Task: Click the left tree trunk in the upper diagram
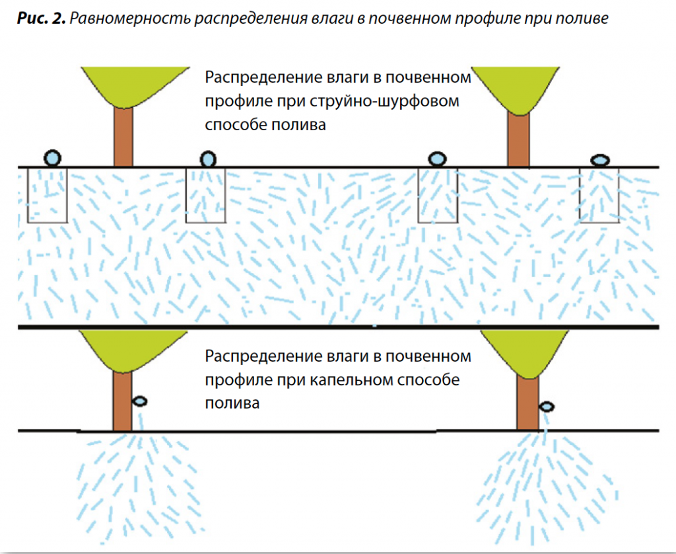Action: [123, 136]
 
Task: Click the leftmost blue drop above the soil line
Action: [53, 157]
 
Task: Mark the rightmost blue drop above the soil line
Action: [599, 159]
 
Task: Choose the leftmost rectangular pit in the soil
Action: [48, 194]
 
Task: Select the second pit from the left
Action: [207, 194]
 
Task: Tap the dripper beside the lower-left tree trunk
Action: [140, 401]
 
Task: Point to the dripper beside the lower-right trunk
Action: [547, 406]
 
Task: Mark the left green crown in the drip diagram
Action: [123, 348]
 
